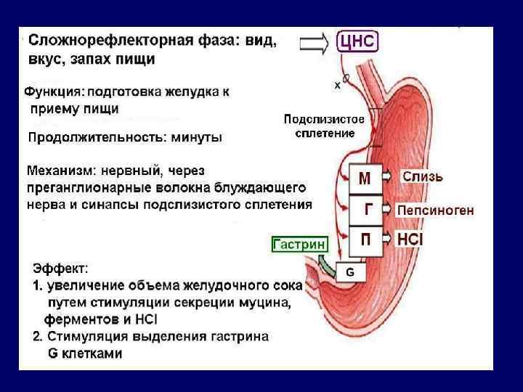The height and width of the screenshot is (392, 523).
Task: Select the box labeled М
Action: pos(365,178)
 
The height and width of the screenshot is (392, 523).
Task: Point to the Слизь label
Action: pos(423,176)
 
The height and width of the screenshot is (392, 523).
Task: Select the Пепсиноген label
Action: pos(436,210)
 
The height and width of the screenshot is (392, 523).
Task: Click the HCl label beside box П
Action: pos(410,239)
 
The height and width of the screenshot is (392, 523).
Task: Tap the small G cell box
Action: pos(349,273)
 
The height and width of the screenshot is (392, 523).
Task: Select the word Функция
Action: pos(53,93)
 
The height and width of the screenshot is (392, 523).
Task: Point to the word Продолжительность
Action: pos(99,136)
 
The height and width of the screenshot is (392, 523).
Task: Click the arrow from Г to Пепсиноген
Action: pos(389,209)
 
